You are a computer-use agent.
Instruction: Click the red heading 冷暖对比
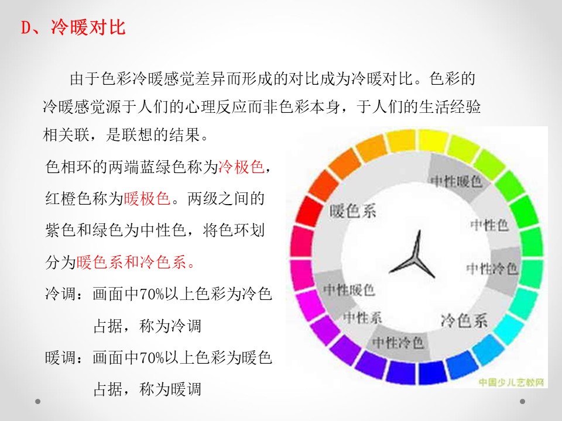click(88, 27)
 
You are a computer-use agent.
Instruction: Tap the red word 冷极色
click(241, 167)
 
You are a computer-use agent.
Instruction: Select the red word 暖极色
click(147, 198)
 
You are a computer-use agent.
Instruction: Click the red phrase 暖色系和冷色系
click(132, 262)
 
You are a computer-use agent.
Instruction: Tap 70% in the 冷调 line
click(151, 294)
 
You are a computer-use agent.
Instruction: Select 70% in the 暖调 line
click(151, 358)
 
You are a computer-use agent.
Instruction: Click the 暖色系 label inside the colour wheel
click(352, 211)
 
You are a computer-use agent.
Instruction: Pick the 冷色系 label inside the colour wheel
click(464, 320)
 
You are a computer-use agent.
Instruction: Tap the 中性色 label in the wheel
click(489, 225)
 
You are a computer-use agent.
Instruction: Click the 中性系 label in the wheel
click(362, 317)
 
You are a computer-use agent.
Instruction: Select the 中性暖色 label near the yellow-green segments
click(456, 181)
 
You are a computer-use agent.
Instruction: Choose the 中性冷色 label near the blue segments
click(398, 343)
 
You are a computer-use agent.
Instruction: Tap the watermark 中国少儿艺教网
click(512, 382)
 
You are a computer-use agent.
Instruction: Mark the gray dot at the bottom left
click(37, 401)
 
